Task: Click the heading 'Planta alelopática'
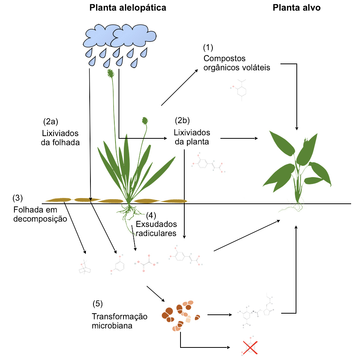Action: (128, 8)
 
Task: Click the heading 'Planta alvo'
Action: (296, 8)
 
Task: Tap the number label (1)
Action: (208, 48)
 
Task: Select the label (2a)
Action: (50, 122)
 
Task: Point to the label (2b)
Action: (182, 121)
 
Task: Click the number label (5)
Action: (98, 304)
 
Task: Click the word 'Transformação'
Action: (119, 317)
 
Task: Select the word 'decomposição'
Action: (40, 219)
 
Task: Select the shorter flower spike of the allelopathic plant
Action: (144, 121)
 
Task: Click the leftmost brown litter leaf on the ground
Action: (58, 200)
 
